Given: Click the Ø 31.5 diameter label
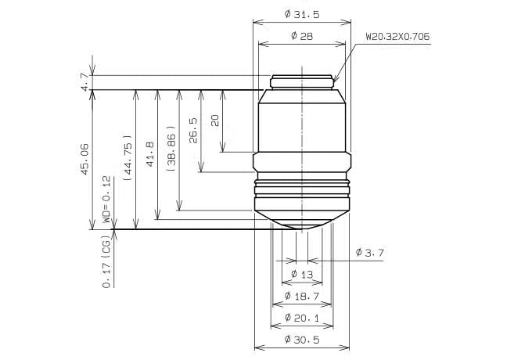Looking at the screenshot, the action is pos(302,14).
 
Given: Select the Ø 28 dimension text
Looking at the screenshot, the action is pos(302,36).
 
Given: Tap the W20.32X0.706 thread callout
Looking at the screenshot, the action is pos(397,36).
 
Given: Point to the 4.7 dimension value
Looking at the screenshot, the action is pos(85,81).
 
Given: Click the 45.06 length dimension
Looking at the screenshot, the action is pos(84,159).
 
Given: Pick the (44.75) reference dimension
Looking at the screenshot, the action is pos(128,158).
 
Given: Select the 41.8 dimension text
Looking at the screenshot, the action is pos(149,154).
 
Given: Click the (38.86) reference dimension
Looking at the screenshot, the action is pos(171,149).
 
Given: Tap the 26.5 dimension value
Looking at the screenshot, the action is pos(193,130).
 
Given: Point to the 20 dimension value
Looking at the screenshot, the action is pos(215,121).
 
